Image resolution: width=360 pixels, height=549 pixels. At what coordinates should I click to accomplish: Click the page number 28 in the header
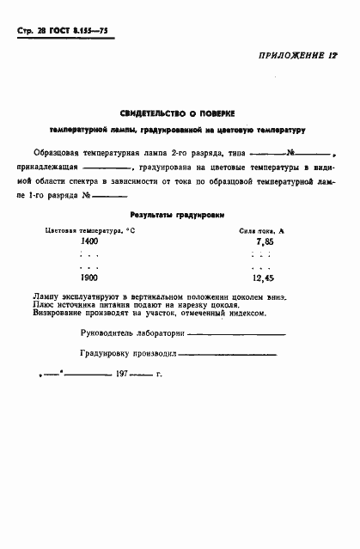(x=42, y=31)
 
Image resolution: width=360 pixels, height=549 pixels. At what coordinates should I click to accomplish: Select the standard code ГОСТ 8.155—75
(x=83, y=31)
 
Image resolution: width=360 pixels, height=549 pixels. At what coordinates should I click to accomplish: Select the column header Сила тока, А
(x=261, y=231)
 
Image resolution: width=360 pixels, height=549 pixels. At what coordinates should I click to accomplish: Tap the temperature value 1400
(x=88, y=243)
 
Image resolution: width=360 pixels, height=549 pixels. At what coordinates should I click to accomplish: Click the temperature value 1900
(x=88, y=278)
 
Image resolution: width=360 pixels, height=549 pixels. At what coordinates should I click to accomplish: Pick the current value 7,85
(x=264, y=243)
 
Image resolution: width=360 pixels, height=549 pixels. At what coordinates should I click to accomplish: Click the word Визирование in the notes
(x=56, y=313)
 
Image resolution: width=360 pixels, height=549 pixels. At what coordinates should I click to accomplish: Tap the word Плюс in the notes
(x=41, y=305)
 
